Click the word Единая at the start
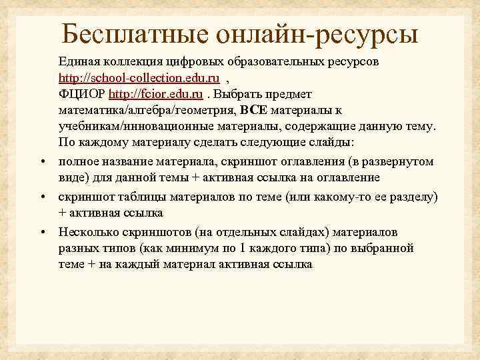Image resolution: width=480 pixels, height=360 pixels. [79, 61]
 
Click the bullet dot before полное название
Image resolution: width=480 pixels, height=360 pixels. [42, 162]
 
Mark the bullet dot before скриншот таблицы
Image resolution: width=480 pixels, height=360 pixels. [42, 197]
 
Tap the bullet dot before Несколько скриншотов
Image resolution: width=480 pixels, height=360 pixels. [42, 232]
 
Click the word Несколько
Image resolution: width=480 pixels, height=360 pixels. [85, 232]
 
